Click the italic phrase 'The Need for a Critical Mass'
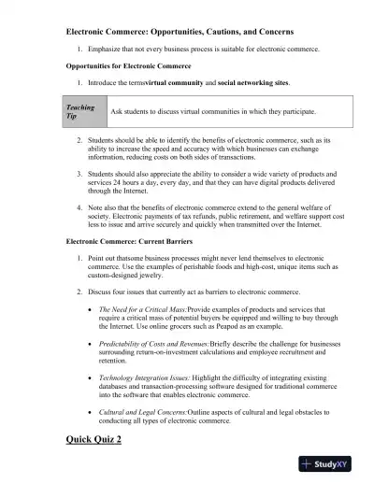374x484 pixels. tap(142, 307)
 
